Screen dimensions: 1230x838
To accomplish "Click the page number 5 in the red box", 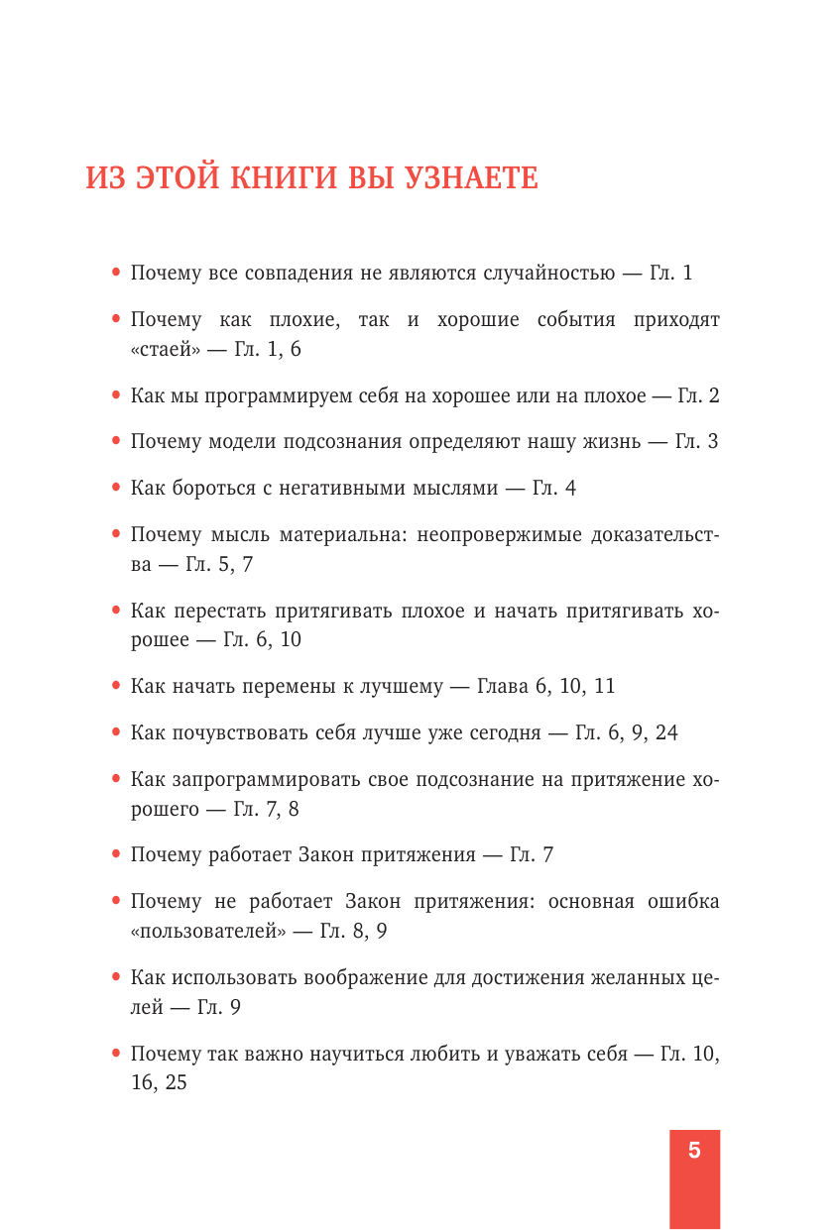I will tap(694, 1151).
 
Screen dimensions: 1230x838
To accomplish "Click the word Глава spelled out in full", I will tap(506, 686).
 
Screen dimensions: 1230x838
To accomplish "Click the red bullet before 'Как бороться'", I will tap(117, 488).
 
